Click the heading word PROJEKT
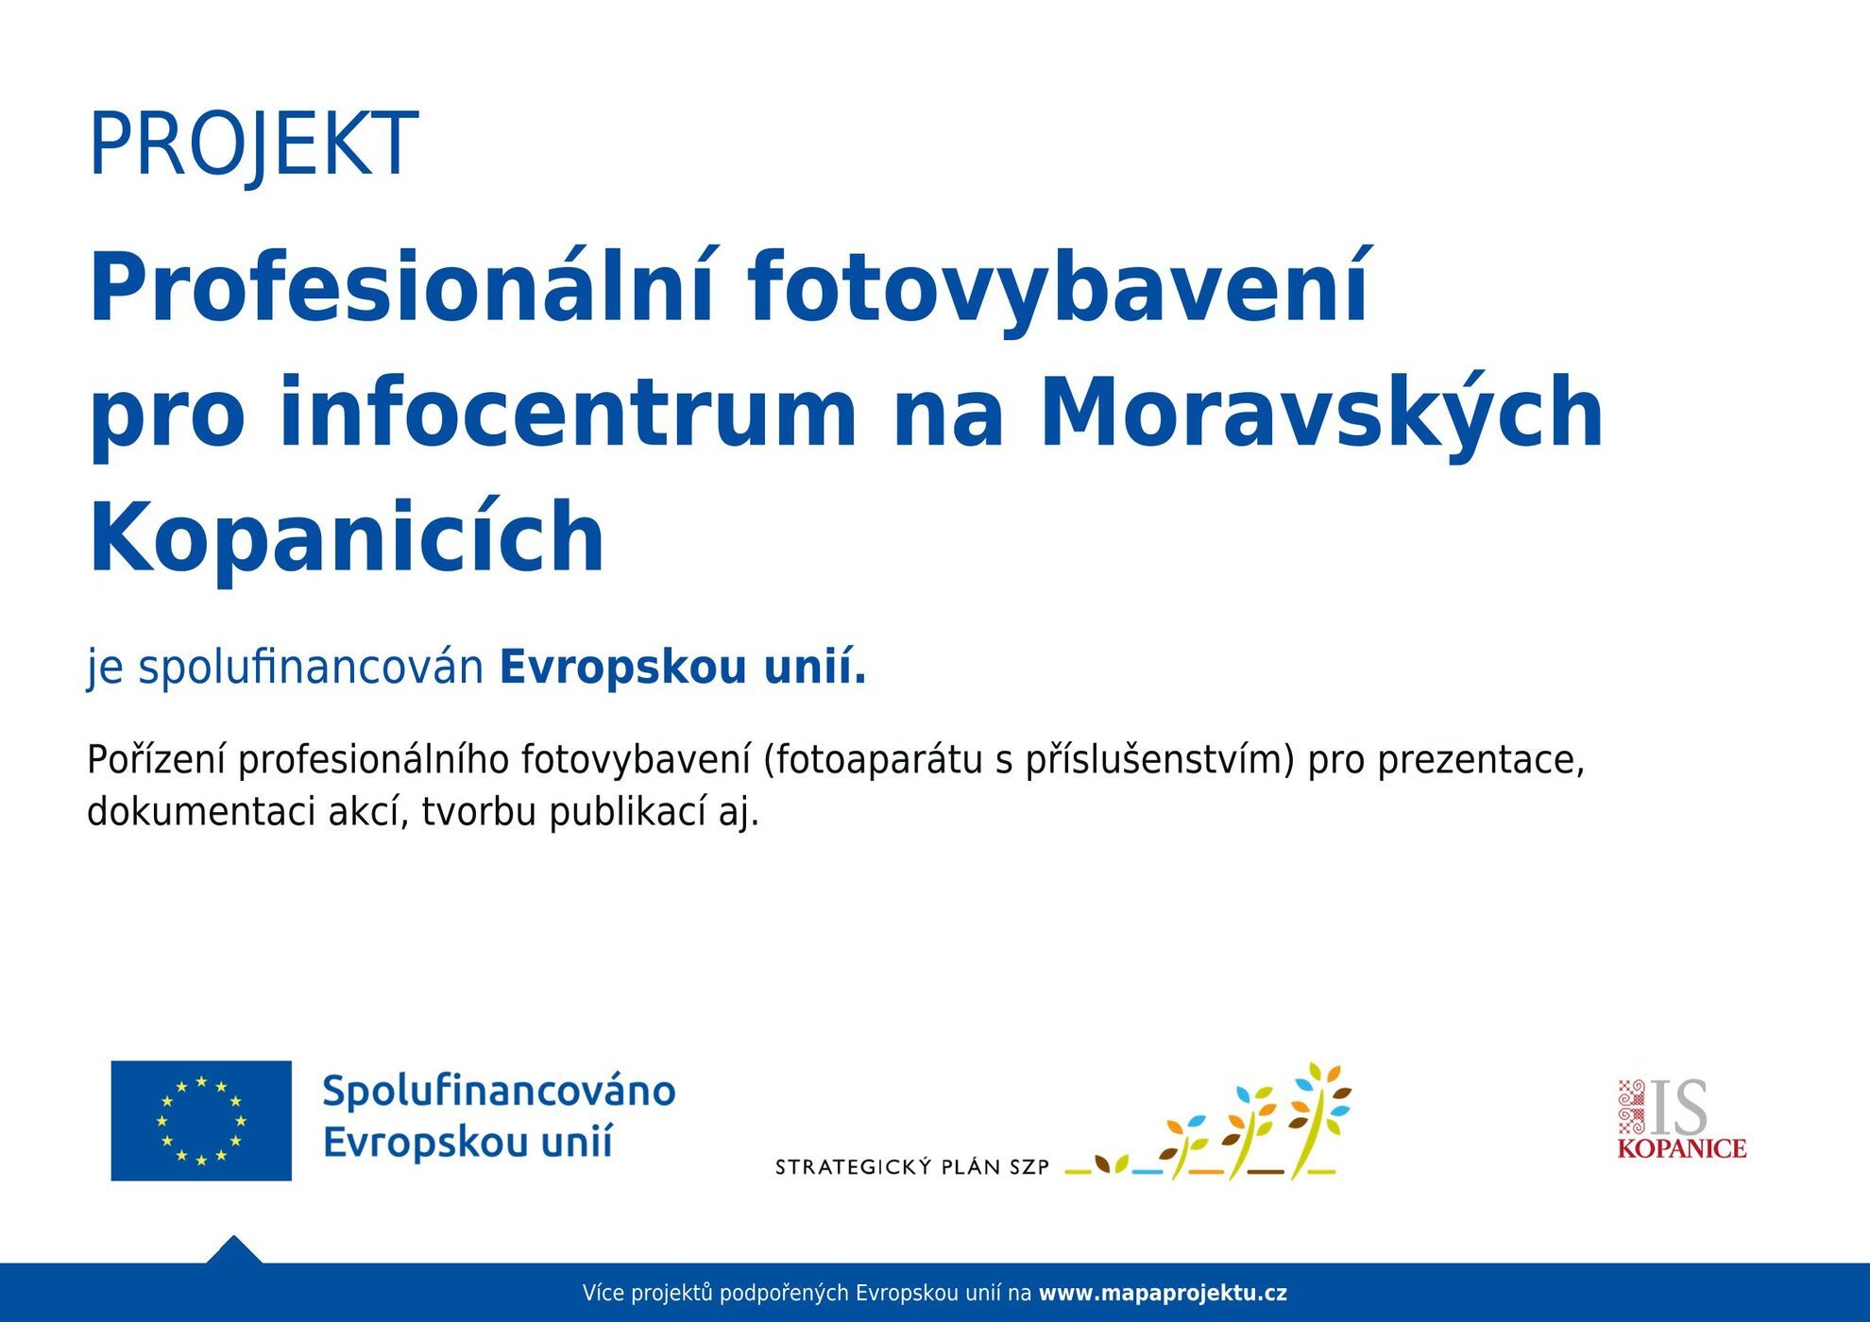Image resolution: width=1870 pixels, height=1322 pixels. pos(253,144)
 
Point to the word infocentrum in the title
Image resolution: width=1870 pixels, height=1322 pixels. pos(569,413)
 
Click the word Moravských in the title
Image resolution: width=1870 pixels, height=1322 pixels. pos(1322,413)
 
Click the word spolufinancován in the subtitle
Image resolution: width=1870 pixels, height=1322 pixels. pos(312,669)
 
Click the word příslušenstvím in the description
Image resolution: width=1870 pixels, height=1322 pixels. pos(1160,761)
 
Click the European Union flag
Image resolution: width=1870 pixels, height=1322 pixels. pos(201,1120)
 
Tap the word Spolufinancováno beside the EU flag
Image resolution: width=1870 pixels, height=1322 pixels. pos(499,1093)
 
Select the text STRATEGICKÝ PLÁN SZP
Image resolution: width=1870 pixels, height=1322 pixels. pos(912,1167)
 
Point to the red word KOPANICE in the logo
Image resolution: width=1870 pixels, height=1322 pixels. pos(1682,1149)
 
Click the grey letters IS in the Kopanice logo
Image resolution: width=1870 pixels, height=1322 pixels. pos(1678,1109)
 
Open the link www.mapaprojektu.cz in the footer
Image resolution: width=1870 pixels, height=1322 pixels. pos(1163,1294)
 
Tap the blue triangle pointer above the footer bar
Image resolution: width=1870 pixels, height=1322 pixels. pos(234,1250)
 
